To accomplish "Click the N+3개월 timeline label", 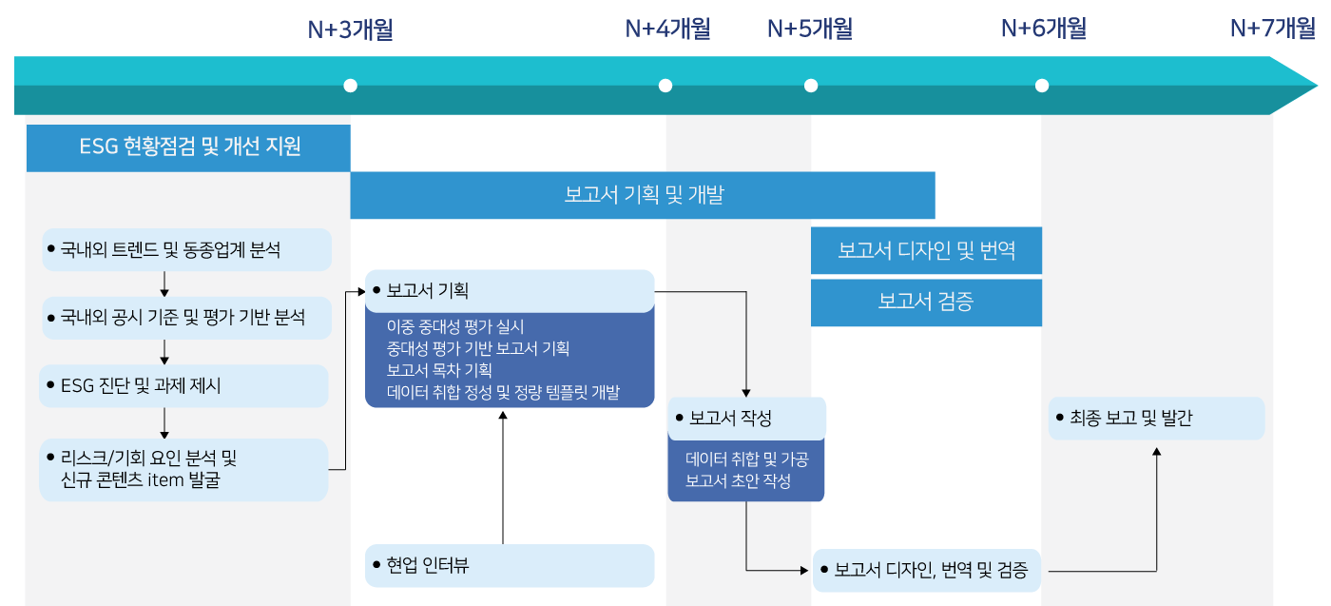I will click(x=350, y=29).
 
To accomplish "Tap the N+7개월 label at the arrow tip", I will click(x=1273, y=29).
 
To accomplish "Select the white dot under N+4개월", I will click(x=665, y=86).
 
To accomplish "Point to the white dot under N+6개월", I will click(x=1042, y=86).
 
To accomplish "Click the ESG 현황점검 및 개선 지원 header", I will click(x=188, y=147).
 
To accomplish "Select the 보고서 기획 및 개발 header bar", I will click(x=643, y=196).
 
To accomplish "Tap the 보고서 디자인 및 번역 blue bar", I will click(x=926, y=251).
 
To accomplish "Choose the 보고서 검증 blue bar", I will click(x=926, y=303).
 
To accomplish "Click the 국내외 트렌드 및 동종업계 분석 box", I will click(x=187, y=250).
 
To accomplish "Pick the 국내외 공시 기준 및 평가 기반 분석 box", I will click(x=187, y=318).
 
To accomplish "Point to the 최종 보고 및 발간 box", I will click(x=1157, y=419).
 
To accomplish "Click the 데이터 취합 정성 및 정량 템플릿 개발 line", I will click(x=503, y=392).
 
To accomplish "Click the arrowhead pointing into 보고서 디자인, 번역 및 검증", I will click(x=804, y=570).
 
